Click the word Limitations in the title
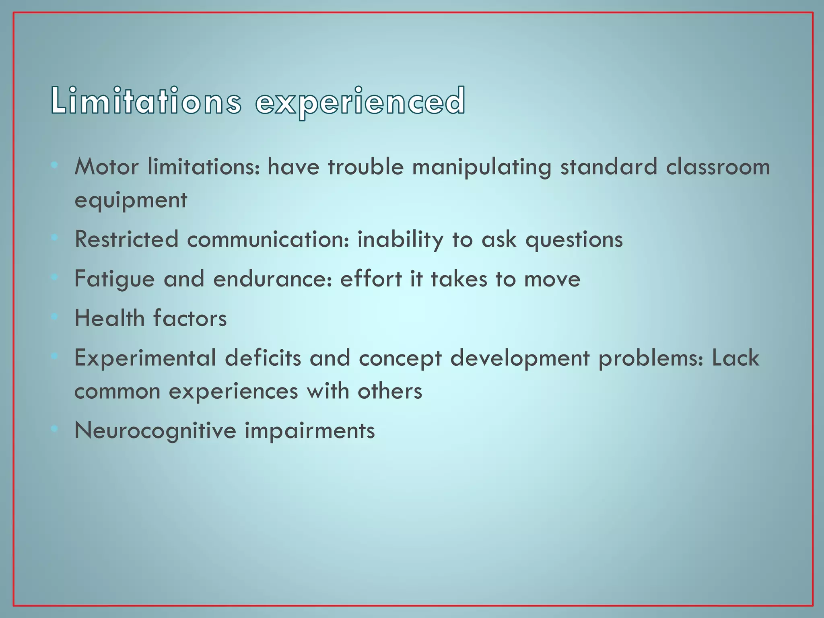(146, 101)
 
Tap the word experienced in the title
(360, 102)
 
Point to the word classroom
(718, 167)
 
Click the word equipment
(131, 200)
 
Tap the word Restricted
(126, 239)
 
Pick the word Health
(109, 318)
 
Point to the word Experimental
(145, 358)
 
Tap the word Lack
(735, 358)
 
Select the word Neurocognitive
(155, 431)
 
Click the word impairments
(310, 431)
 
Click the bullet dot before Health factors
(54, 317)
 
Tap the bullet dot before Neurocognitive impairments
(54, 429)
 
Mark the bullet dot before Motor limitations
(54, 165)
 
